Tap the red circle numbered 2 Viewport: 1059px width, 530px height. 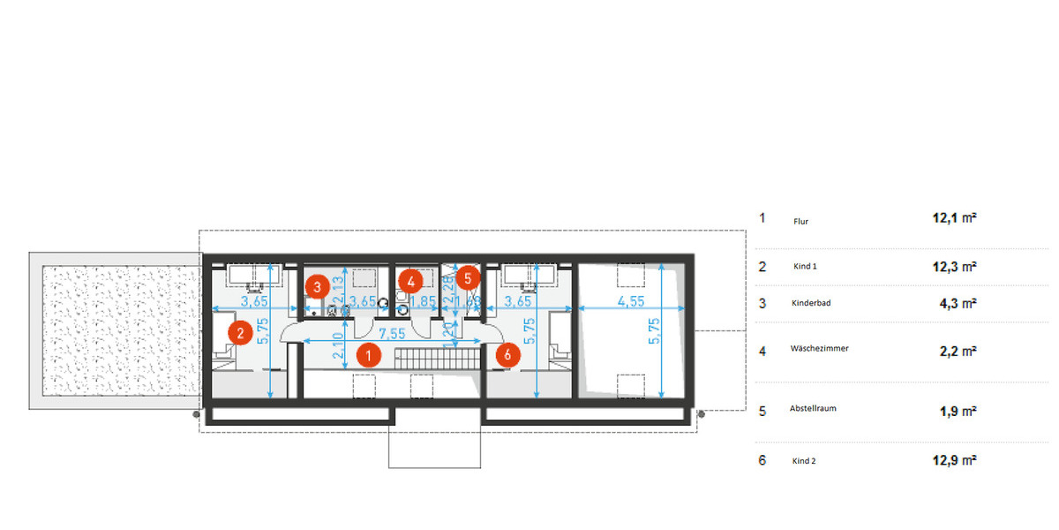coord(237,333)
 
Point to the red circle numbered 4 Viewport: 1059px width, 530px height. coord(409,281)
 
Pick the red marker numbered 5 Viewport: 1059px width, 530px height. coord(469,277)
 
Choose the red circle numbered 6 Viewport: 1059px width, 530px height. coord(507,354)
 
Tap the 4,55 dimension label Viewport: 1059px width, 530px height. coord(631,301)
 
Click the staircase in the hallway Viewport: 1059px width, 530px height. coord(435,359)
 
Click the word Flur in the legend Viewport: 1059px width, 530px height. coord(800,222)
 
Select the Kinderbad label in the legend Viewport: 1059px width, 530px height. coord(811,303)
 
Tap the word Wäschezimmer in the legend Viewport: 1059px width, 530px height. coord(819,349)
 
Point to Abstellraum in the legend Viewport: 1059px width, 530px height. coord(813,409)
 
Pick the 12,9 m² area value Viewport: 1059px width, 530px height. coord(958,460)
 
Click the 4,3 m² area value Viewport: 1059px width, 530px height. coord(958,303)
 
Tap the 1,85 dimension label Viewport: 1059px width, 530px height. coord(424,301)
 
